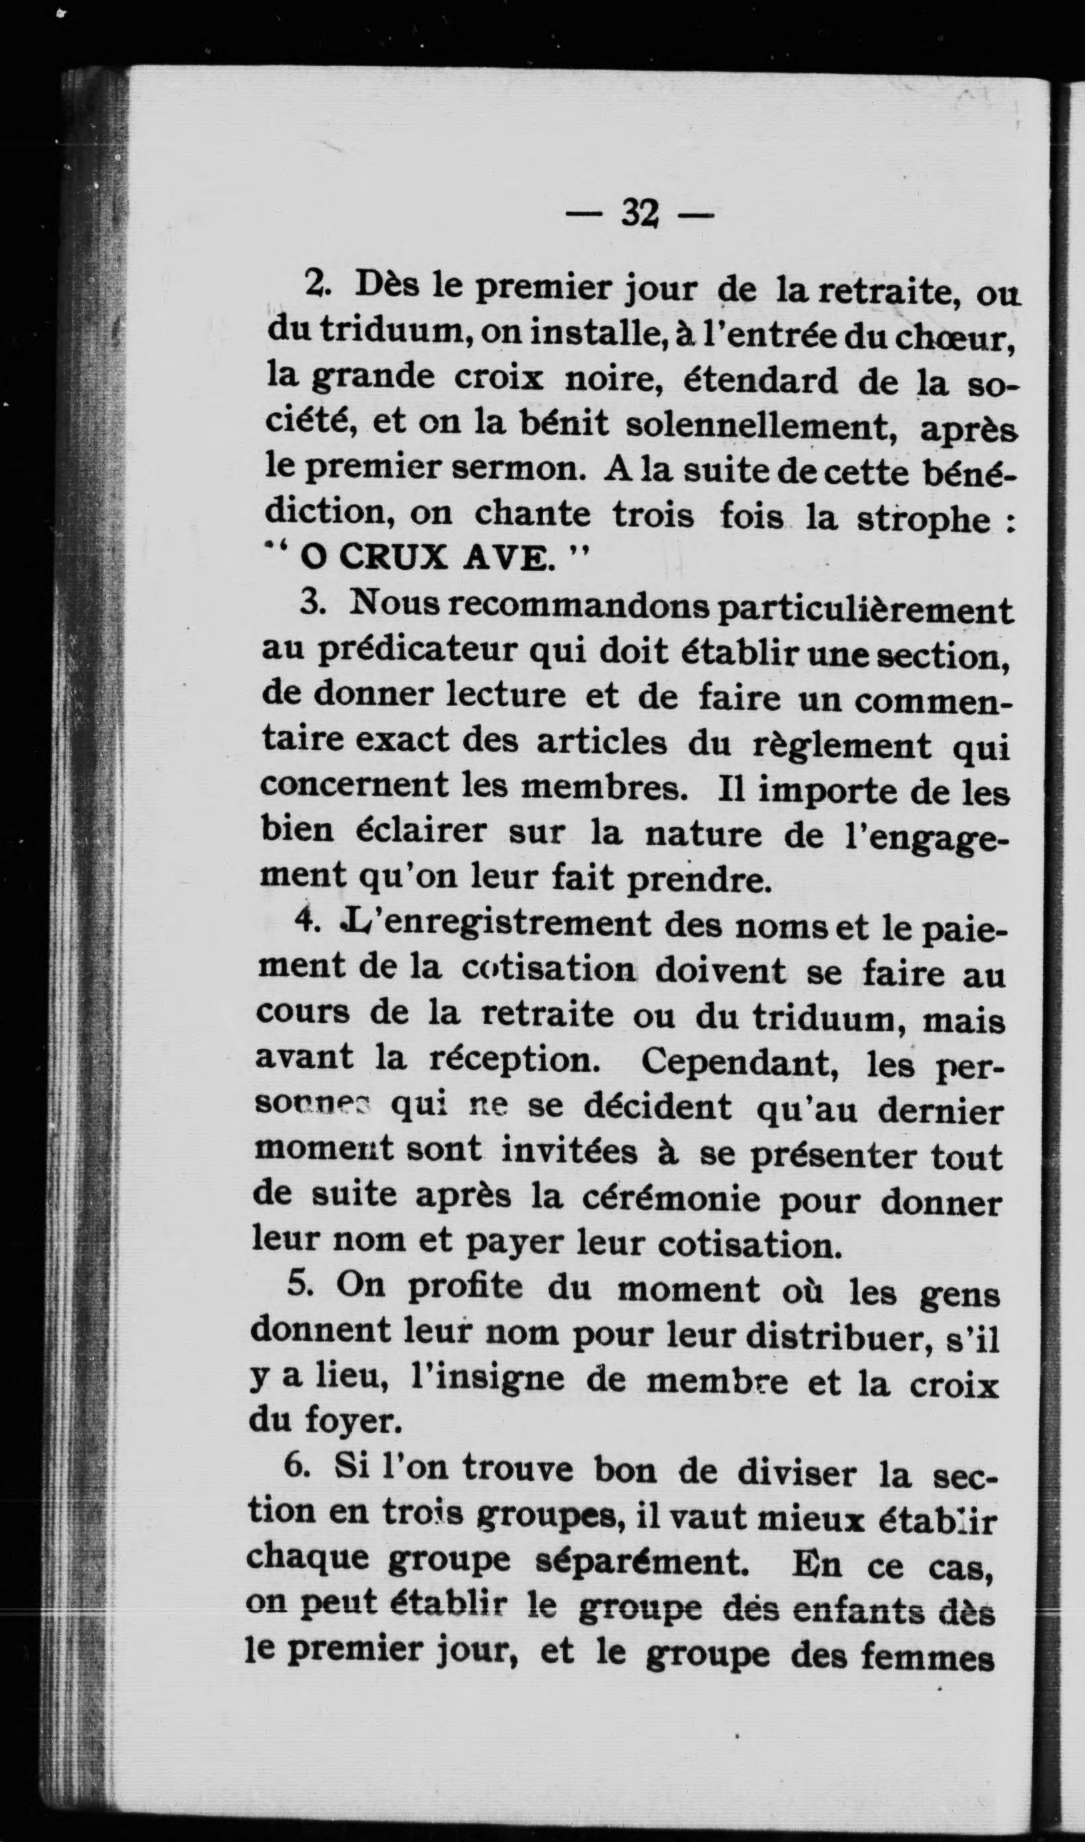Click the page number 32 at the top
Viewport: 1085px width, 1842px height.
[640, 214]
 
